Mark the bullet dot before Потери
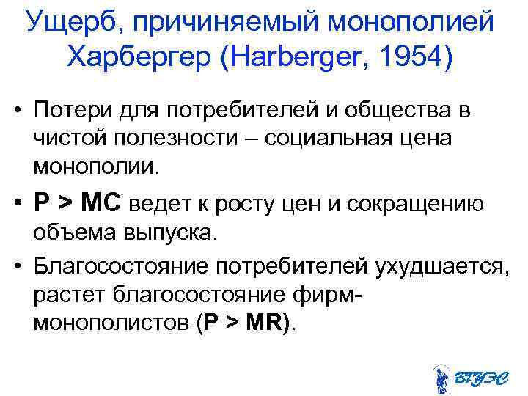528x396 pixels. pyautogui.click(x=18, y=111)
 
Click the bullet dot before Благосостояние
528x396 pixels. pyautogui.click(x=18, y=265)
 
